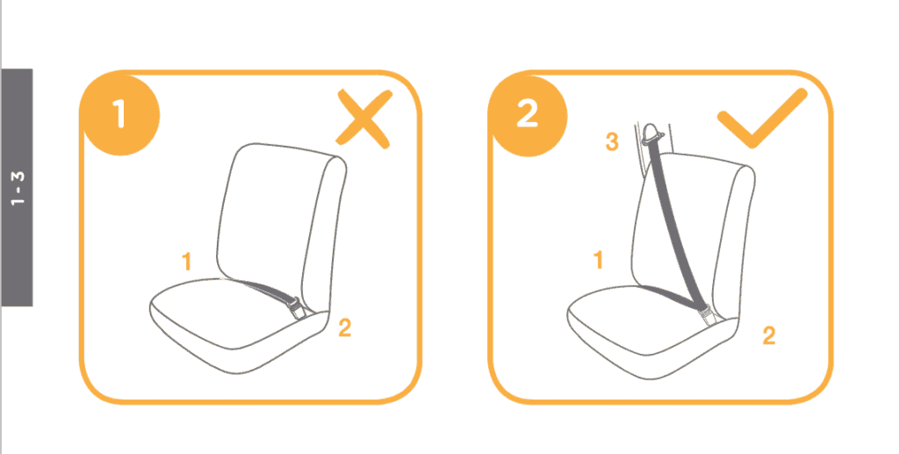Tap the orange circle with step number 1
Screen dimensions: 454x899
point(120,115)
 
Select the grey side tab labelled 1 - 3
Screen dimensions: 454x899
point(18,187)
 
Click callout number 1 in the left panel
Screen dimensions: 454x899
point(186,261)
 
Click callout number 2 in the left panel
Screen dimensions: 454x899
point(345,328)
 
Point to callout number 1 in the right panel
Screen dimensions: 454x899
point(599,260)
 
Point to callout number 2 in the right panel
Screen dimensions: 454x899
point(769,335)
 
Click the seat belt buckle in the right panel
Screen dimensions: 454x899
point(706,311)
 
